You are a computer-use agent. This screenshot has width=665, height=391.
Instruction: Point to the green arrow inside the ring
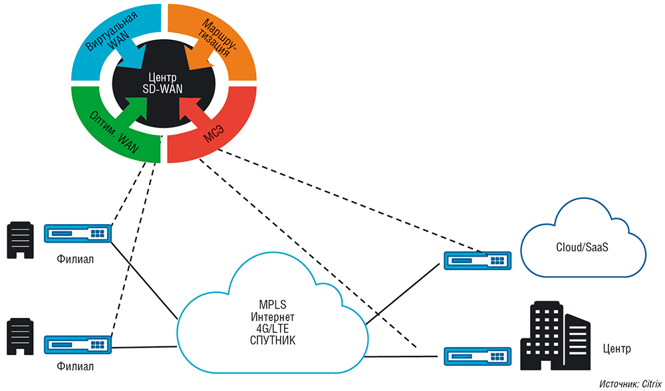pos(138,111)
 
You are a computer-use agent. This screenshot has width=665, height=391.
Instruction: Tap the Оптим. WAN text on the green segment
pos(114,130)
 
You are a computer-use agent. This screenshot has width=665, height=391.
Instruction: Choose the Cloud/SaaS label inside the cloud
pos(583,247)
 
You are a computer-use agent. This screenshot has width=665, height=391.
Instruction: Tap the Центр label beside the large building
pos(615,348)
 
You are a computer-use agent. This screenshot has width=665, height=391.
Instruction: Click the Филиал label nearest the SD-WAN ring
pos(75,259)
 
